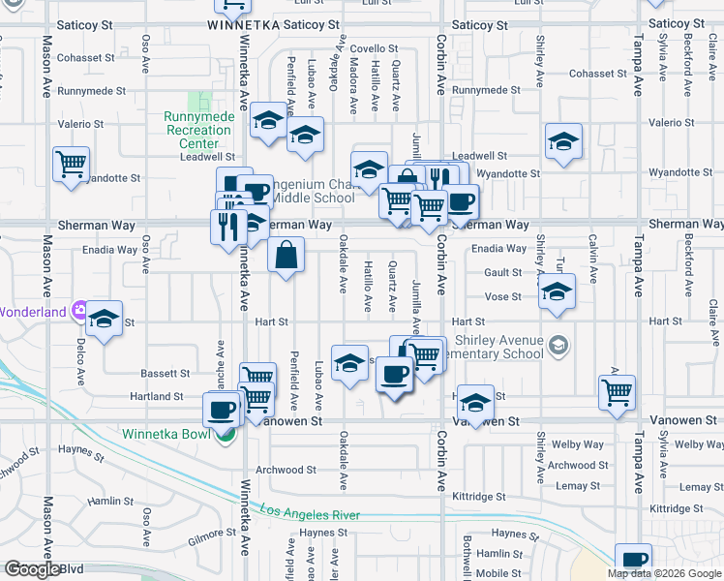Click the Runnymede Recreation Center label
199,130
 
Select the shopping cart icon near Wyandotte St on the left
72,166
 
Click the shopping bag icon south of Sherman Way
287,257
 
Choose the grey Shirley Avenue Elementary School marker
558,345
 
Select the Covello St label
374,48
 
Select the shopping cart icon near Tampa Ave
617,391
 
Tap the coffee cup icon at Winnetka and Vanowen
223,410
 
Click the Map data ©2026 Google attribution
664,573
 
